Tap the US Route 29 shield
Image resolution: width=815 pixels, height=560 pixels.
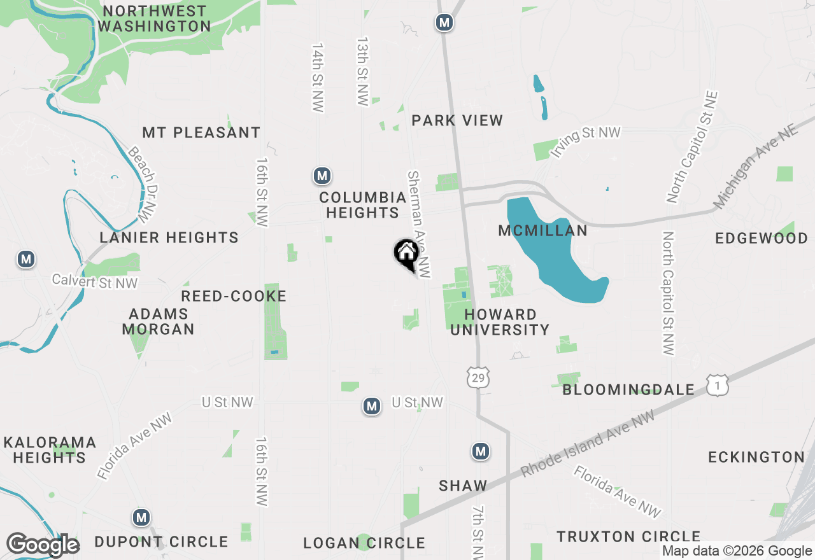click(478, 377)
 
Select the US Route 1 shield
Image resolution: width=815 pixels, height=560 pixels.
click(717, 384)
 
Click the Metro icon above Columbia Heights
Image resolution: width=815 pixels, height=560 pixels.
click(322, 176)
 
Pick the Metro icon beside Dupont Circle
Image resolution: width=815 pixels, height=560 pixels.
click(141, 517)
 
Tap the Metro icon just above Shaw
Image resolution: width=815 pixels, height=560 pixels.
click(481, 451)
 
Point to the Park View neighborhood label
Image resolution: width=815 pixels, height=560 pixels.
click(457, 120)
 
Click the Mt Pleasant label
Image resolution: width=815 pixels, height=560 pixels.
click(201, 132)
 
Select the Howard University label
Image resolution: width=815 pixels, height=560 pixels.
click(500, 322)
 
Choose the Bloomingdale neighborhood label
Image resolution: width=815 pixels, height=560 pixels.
click(628, 389)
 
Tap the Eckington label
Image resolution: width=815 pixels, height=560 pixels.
click(756, 457)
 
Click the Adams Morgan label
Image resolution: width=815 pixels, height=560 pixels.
click(158, 321)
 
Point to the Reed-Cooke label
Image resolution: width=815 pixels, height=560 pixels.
click(234, 296)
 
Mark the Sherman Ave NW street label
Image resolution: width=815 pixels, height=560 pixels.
click(420, 224)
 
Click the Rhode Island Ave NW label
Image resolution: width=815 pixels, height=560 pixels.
click(587, 444)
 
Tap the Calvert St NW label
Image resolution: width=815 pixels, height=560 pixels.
click(95, 281)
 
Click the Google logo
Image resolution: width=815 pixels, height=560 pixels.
click(43, 545)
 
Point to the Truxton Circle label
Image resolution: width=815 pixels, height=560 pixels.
click(628, 536)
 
